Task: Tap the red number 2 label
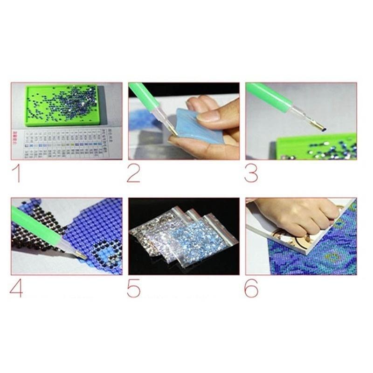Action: [133, 173]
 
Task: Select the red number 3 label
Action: [251, 173]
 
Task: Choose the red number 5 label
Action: [133, 288]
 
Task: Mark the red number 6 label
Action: [251, 288]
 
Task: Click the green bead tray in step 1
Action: [63, 105]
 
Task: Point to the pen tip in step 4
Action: [80, 256]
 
